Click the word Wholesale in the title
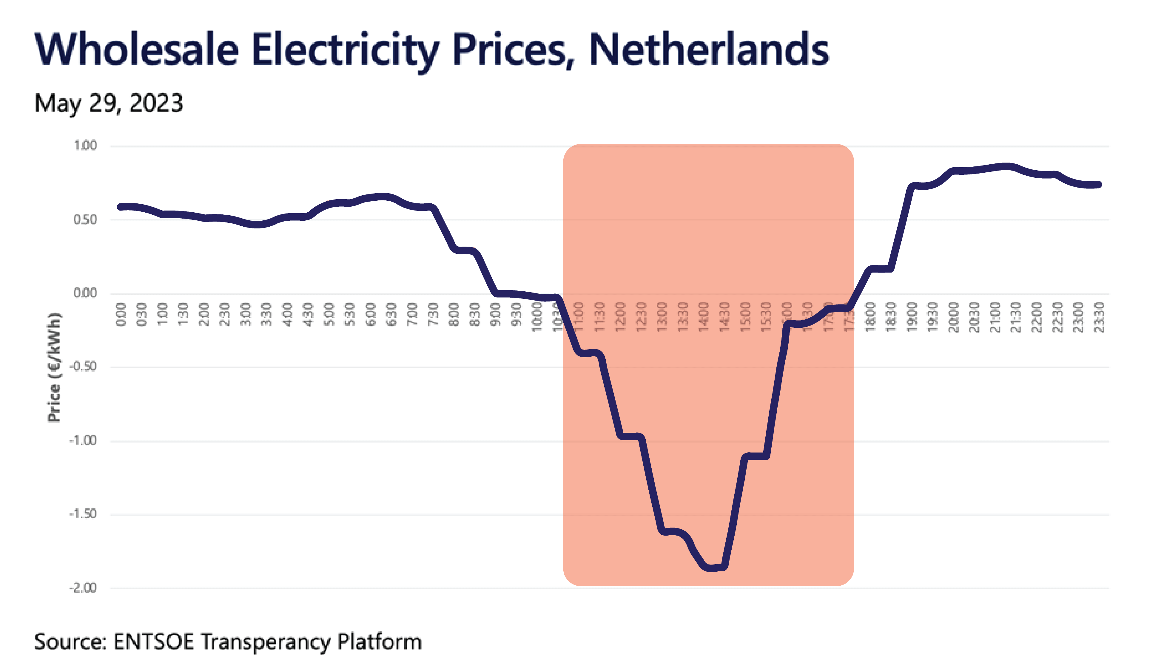coord(136,49)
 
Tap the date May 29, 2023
coord(109,103)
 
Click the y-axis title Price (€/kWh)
coord(54,368)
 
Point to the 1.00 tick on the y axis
coord(85,146)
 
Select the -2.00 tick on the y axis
coord(83,588)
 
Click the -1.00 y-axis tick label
coord(83,441)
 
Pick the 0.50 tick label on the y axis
coord(85,220)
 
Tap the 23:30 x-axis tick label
coord(1100,317)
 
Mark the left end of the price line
coord(121,207)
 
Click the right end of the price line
coord(1099,185)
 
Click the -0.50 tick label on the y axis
coord(83,367)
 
